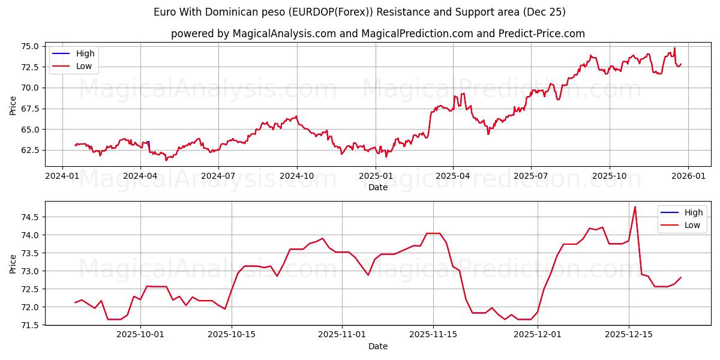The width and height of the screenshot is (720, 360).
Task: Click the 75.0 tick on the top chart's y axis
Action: (30, 46)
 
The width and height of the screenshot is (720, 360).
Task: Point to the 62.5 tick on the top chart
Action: (30, 150)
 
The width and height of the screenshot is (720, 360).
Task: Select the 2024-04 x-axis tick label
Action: (140, 176)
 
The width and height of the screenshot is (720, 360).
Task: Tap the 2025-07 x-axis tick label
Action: (531, 176)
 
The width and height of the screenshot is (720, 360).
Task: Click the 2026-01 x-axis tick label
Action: (688, 176)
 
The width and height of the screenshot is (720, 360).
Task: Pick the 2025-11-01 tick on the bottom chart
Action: (342, 335)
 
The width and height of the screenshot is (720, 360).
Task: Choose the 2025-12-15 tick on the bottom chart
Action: (629, 335)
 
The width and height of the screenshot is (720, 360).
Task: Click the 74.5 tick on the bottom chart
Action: (30, 217)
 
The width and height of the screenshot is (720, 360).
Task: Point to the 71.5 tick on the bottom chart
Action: (30, 325)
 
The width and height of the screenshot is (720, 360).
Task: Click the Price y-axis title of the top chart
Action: (13, 106)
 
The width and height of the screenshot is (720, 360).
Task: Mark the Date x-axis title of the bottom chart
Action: (378, 346)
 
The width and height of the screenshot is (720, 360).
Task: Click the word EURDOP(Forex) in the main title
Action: (326, 12)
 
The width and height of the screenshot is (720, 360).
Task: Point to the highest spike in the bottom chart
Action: (635, 207)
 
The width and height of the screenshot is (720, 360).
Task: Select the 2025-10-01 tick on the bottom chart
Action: (140, 335)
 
